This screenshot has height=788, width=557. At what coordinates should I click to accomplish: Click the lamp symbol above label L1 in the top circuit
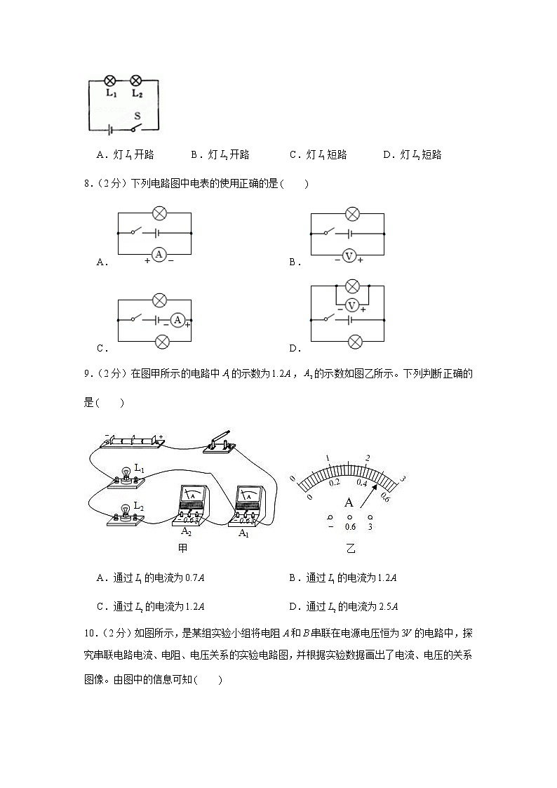(x=109, y=81)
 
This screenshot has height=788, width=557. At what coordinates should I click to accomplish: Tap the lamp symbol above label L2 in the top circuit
(x=137, y=81)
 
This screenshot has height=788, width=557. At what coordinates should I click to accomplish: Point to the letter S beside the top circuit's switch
(x=137, y=114)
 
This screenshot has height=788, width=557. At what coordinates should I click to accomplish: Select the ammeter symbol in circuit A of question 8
(x=159, y=254)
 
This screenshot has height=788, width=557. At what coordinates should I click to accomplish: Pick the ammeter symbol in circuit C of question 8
(x=177, y=320)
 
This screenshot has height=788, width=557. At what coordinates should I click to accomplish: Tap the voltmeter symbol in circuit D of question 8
(x=353, y=305)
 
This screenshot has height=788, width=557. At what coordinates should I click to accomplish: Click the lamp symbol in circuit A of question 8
(x=159, y=213)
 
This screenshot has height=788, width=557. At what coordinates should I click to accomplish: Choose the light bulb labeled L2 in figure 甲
(x=127, y=512)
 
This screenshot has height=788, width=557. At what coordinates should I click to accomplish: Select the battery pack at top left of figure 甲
(x=133, y=441)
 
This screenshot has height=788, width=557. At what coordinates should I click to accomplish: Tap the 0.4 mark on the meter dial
(x=361, y=482)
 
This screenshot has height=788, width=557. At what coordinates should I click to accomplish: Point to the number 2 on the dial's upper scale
(x=367, y=458)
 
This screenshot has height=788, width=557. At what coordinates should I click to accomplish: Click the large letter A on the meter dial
(x=349, y=502)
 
